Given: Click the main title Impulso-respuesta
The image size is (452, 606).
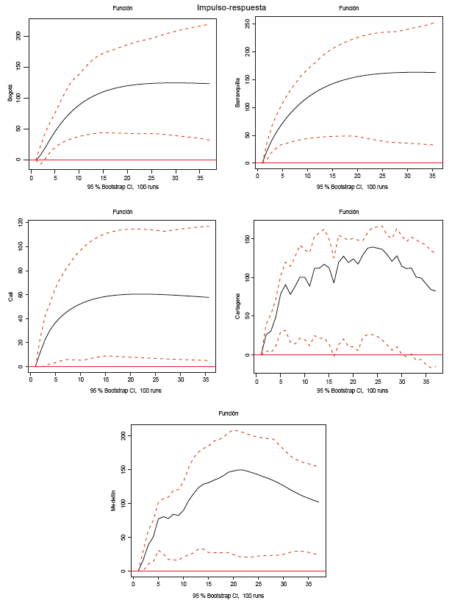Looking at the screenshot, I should tap(232, 7).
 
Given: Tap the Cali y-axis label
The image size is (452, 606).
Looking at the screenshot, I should tap(10, 296).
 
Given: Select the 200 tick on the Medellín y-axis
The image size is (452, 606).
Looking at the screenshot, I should tap(123, 435).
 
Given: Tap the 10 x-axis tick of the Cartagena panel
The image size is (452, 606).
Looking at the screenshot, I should tap(304, 381).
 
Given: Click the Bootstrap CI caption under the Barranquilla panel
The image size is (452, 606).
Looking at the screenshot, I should tap(347, 187).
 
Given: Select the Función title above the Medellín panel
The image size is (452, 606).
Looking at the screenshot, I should tap(229, 414).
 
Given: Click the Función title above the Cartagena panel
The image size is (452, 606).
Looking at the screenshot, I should tap(348, 212).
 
